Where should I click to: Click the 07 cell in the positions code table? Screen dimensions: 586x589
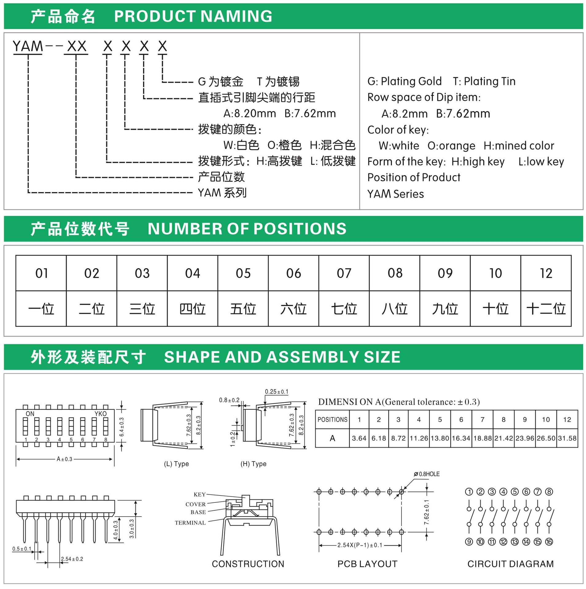[x=344, y=273]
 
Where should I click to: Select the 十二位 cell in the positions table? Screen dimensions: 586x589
[x=546, y=309]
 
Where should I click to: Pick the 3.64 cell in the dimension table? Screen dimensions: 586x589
[x=359, y=438]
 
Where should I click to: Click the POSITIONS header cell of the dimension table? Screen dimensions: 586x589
[x=332, y=419]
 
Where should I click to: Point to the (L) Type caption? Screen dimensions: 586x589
[x=176, y=464]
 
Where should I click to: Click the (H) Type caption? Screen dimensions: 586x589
[x=253, y=464]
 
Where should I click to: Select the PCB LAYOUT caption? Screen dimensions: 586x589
[x=367, y=564]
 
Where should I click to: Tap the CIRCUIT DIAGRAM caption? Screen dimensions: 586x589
[x=510, y=564]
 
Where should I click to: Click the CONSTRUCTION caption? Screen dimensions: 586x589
[x=248, y=564]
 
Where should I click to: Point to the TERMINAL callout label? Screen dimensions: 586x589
[x=190, y=523]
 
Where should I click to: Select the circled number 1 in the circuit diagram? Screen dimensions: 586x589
[x=469, y=492]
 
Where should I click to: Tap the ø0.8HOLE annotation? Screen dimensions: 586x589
[x=427, y=474]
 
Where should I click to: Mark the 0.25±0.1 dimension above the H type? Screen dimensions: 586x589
[x=277, y=392]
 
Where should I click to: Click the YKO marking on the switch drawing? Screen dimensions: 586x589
[x=100, y=414]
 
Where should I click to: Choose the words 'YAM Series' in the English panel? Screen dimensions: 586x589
[x=395, y=194]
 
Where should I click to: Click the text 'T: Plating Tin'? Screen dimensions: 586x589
[x=484, y=81]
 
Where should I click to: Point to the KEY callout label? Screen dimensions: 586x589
[x=200, y=495]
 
